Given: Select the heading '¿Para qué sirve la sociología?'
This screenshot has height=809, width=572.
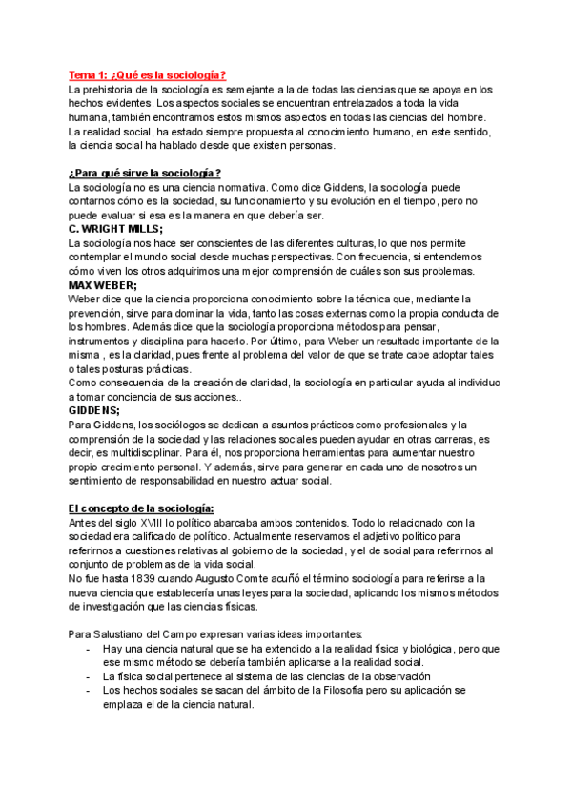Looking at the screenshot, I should coord(145,173).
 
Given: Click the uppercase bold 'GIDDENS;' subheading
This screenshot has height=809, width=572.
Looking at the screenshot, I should coord(94,410).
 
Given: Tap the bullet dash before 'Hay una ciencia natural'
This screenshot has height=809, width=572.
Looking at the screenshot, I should coord(88,649).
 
